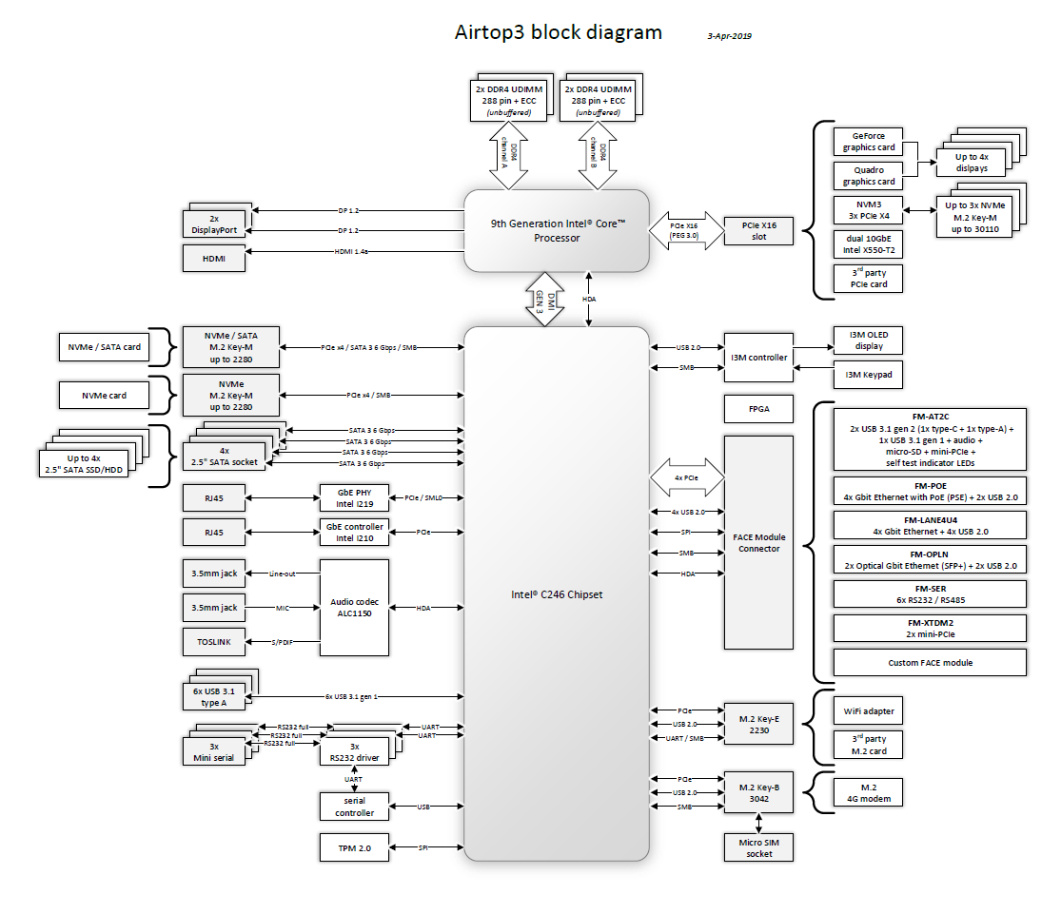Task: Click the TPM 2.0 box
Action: pos(355,847)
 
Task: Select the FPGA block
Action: pos(758,410)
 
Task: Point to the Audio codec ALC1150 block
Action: pos(355,608)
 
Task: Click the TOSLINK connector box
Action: pos(214,642)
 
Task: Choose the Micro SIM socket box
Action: pos(758,847)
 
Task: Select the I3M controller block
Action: pos(758,357)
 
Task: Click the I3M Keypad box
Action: pos(868,375)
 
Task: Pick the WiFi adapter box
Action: pos(868,710)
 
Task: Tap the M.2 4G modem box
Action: pos(868,793)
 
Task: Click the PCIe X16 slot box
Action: pos(758,231)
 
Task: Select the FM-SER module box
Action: pos(930,594)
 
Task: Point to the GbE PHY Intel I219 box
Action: pos(355,497)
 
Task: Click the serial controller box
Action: pos(355,807)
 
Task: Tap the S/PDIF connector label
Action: pos(283,643)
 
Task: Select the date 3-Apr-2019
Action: pos(730,36)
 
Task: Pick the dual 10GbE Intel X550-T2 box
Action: pos(868,244)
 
